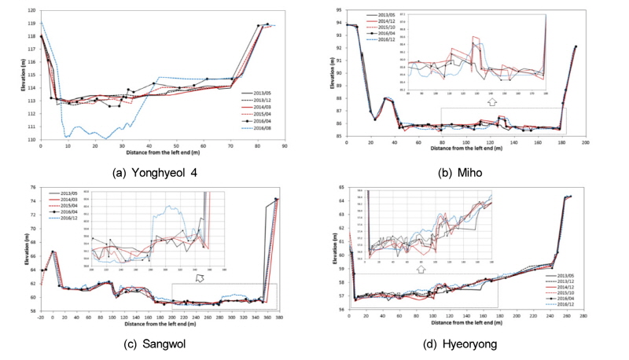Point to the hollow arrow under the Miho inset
click(x=491, y=101)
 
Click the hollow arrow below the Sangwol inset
click(x=200, y=277)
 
